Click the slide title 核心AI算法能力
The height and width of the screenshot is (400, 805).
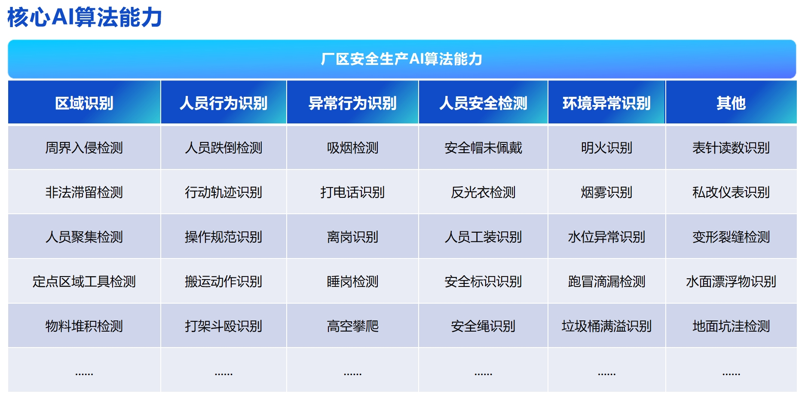point(85,18)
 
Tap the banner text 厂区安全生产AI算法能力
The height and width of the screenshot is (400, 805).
point(401,59)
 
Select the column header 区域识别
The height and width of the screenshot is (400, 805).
point(84,103)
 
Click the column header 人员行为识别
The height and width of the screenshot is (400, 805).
point(223,103)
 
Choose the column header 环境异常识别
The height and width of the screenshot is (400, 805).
point(606,103)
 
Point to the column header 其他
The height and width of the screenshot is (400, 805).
point(731,103)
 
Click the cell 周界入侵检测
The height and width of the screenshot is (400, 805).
point(84,148)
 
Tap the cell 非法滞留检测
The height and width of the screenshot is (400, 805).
point(84,192)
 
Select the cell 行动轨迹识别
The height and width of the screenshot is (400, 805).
point(223,192)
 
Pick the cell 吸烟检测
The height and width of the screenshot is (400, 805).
point(352,148)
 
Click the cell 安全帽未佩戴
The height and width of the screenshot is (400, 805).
point(483,148)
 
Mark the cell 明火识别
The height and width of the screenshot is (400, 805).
point(606,148)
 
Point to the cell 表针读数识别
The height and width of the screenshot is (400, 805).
point(731,148)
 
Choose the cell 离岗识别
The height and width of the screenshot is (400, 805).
point(352,237)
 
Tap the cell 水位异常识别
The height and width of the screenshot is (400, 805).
point(606,237)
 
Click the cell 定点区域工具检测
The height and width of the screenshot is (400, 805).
point(84,282)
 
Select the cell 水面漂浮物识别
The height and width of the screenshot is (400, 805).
point(731,282)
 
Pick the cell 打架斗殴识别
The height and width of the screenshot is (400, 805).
point(223,326)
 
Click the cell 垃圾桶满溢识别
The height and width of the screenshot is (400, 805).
point(606,326)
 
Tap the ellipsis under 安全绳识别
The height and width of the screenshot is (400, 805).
point(483,374)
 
